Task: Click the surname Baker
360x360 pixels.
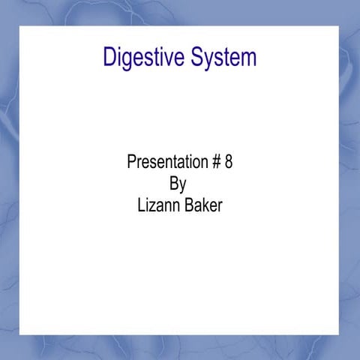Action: pyautogui.click(x=203, y=205)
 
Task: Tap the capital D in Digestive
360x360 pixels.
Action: pyautogui.click(x=109, y=57)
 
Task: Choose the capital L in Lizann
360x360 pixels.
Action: pyautogui.click(x=141, y=205)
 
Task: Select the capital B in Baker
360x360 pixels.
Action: pyautogui.click(x=187, y=205)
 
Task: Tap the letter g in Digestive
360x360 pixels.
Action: pyautogui.click(x=127, y=60)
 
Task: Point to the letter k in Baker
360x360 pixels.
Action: pyautogui.click(x=205, y=205)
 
